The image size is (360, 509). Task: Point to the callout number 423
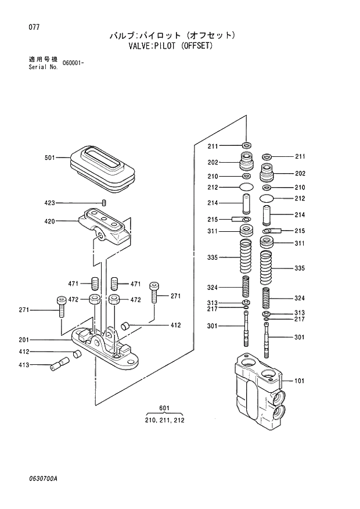[49, 203]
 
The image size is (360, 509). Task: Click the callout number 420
[49, 221]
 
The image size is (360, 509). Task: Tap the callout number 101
[300, 381]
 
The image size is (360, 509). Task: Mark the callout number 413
[24, 365]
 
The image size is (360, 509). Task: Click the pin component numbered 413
[59, 365]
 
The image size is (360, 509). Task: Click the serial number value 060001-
[73, 63]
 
